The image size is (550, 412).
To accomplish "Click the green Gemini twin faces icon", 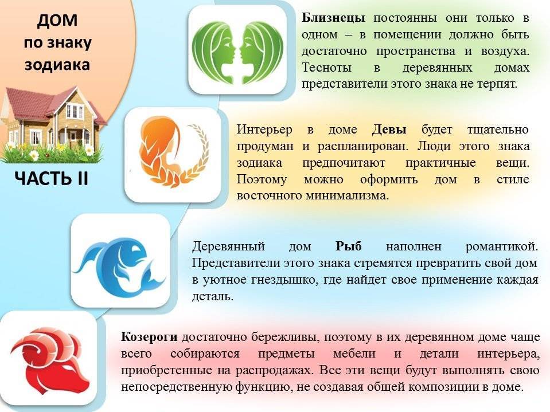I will [x=237, y=49].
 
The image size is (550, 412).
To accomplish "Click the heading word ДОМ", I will [x=56, y=21].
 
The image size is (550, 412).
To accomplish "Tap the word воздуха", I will [x=505, y=51].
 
